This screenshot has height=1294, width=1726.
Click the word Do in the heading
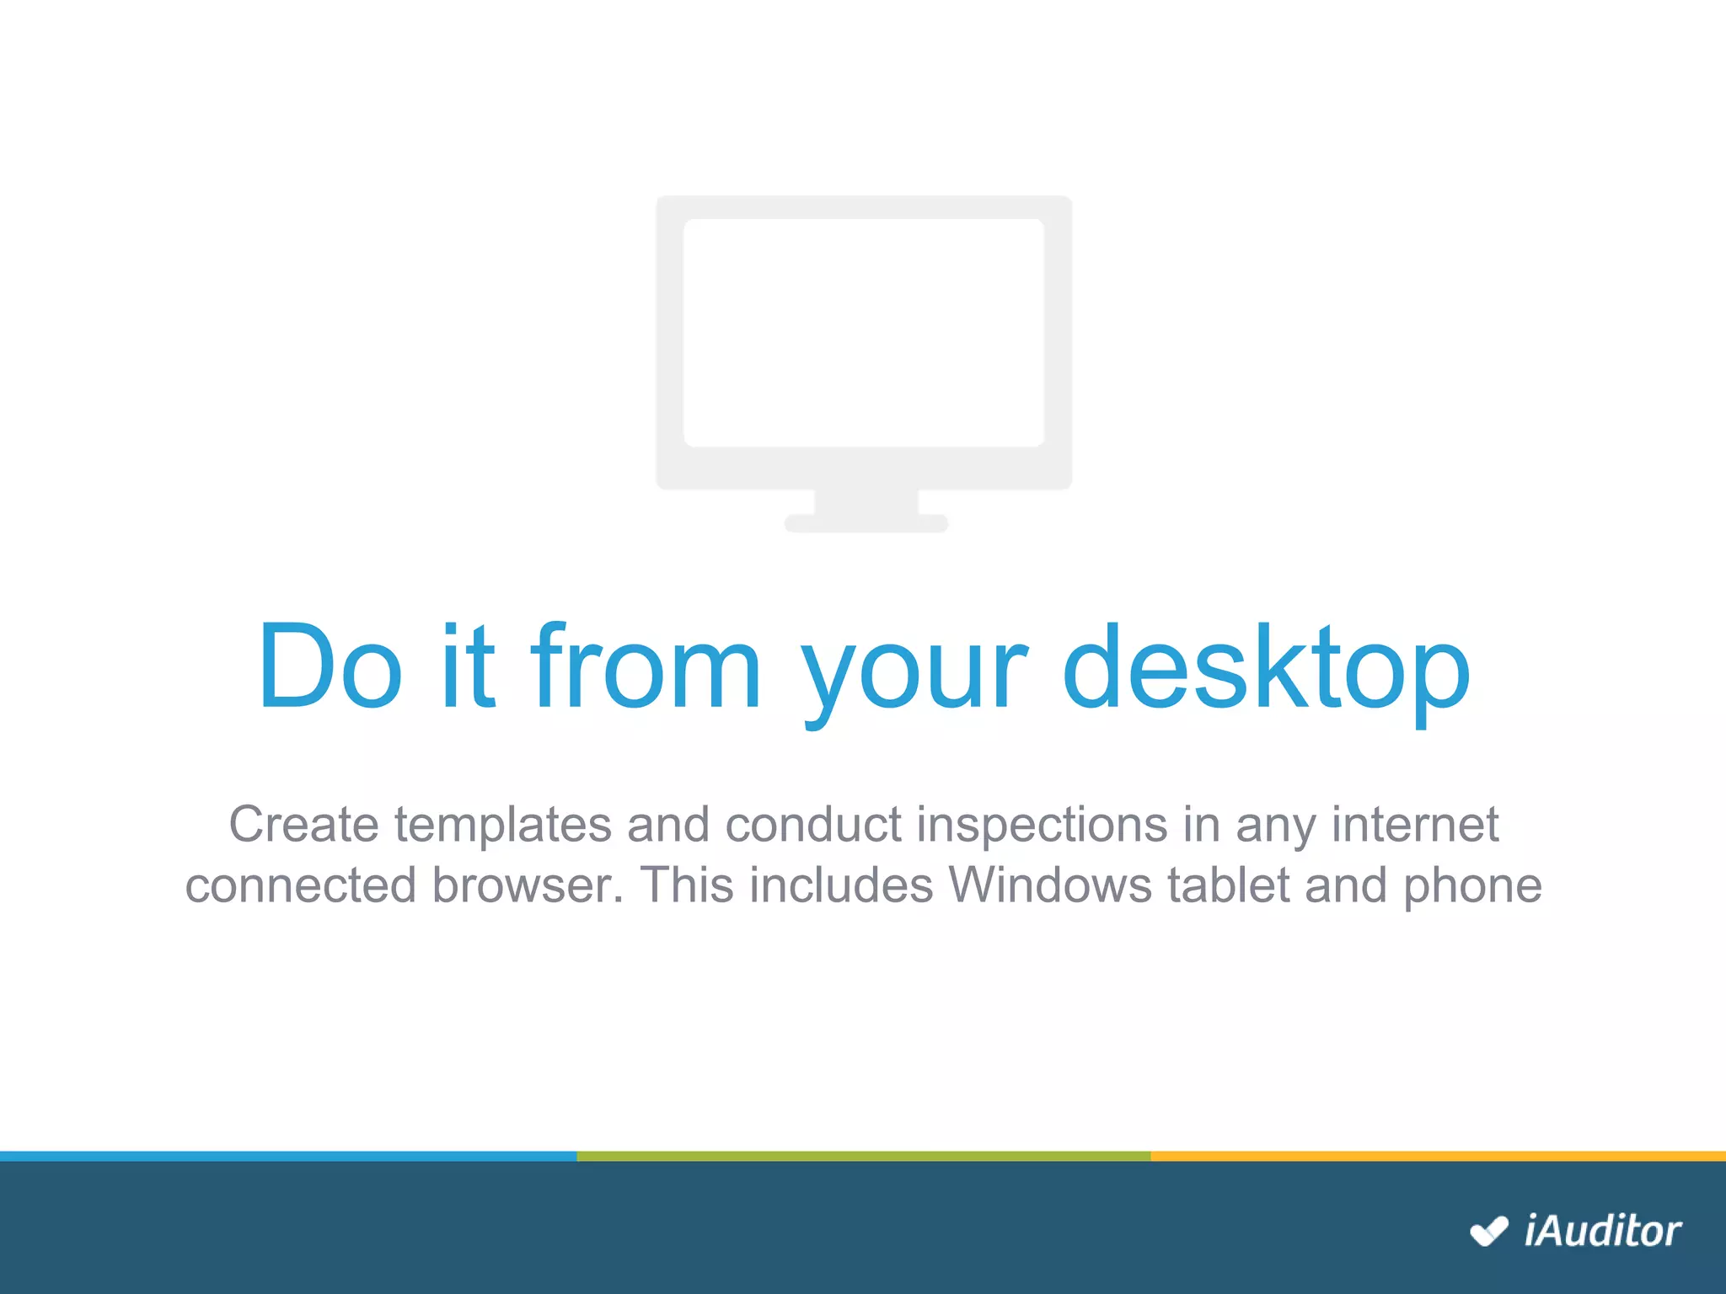(x=330, y=666)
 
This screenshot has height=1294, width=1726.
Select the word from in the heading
(x=646, y=666)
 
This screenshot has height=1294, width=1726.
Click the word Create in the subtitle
(x=303, y=824)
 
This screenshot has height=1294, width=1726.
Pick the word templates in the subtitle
(x=503, y=824)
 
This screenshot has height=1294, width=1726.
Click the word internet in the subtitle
(x=1415, y=824)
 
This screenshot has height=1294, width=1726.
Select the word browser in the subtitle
(x=527, y=885)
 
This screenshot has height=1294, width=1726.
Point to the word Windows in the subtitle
(x=1050, y=885)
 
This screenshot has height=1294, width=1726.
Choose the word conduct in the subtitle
(x=813, y=824)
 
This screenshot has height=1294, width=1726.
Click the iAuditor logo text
(x=1602, y=1232)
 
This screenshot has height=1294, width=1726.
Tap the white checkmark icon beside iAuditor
(x=1488, y=1232)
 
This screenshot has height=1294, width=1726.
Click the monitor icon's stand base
(x=866, y=523)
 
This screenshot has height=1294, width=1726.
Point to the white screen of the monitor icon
(x=864, y=333)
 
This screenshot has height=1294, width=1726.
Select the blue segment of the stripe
(x=288, y=1156)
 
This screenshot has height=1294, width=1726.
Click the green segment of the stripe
(x=864, y=1156)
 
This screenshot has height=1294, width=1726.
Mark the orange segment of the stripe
(x=1438, y=1156)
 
